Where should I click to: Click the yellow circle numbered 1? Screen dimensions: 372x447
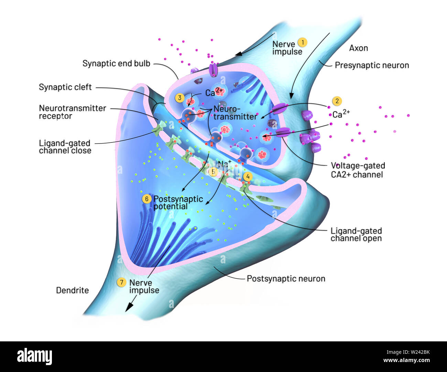click(302, 42)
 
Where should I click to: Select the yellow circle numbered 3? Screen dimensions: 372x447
click(179, 98)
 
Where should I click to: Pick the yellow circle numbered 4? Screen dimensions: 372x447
click(247, 177)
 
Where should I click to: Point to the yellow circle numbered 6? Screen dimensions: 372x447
click(147, 199)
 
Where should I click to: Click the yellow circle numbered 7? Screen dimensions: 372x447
click(121, 283)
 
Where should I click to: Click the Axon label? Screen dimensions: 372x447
click(358, 48)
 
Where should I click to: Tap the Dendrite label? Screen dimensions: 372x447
click(72, 290)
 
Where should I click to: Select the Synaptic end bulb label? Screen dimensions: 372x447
click(116, 63)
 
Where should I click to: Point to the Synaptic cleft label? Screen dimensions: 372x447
click(65, 87)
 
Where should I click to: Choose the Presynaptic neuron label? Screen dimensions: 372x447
click(372, 65)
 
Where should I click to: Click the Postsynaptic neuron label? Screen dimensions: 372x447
click(286, 278)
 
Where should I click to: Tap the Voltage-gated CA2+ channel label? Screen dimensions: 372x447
click(358, 170)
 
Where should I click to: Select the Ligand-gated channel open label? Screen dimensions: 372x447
click(356, 234)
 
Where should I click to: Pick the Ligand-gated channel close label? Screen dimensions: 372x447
click(65, 147)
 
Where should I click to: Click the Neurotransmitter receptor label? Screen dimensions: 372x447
click(72, 112)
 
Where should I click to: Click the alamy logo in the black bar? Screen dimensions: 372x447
click(34, 357)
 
